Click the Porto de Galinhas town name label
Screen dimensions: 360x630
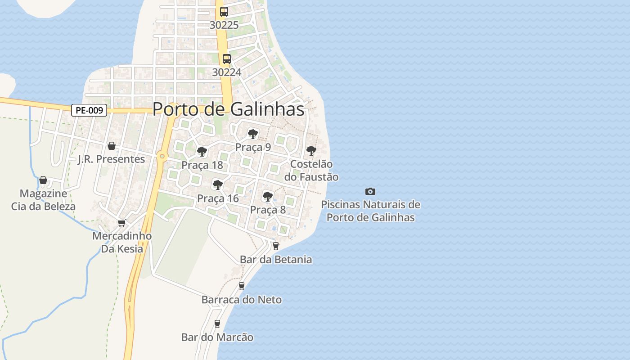click(228, 109)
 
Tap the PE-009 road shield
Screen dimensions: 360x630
click(89, 110)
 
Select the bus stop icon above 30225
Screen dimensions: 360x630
click(224, 12)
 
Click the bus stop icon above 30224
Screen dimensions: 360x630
click(227, 59)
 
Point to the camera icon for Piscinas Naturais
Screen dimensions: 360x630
click(370, 191)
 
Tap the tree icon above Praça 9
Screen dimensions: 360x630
click(253, 134)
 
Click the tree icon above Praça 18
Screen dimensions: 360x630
click(202, 152)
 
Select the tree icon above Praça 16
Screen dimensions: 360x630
click(218, 184)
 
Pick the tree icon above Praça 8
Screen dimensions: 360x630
click(267, 196)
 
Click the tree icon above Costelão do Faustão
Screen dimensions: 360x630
click(311, 151)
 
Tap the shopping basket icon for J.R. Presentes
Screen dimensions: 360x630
click(112, 146)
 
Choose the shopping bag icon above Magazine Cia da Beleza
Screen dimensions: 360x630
click(43, 180)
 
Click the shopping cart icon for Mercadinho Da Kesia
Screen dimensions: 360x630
click(121, 223)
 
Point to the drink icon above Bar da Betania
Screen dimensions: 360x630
click(276, 246)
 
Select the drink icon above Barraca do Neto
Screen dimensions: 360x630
click(242, 286)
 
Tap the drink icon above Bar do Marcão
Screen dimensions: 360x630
click(217, 324)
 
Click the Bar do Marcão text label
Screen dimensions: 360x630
click(217, 337)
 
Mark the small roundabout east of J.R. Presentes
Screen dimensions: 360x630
click(162, 157)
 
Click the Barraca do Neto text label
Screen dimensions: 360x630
click(242, 300)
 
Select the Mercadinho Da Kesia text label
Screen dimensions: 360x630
click(122, 242)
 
